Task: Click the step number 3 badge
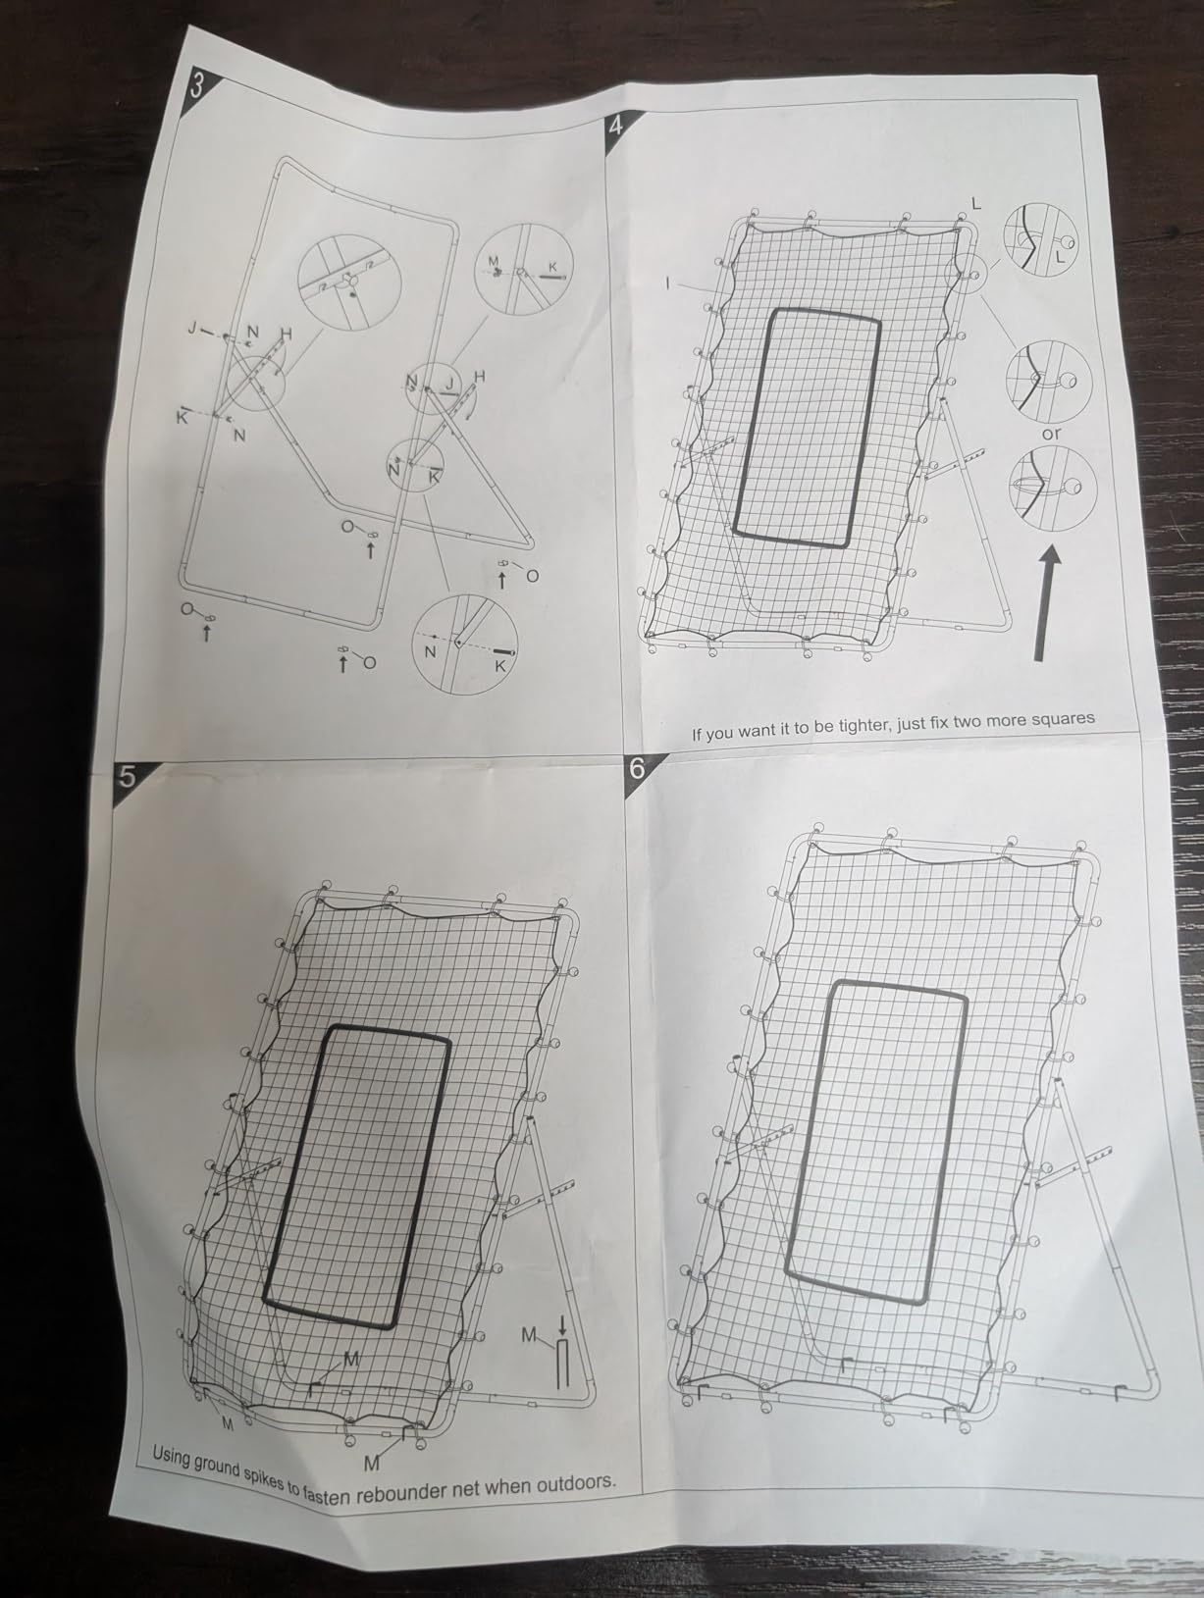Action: pyautogui.click(x=196, y=86)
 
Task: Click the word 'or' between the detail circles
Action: pyautogui.click(x=1052, y=434)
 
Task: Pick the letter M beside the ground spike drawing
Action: pyautogui.click(x=529, y=1335)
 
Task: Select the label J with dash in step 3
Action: pyautogui.click(x=199, y=329)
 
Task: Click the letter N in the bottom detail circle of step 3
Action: pyautogui.click(x=430, y=652)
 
